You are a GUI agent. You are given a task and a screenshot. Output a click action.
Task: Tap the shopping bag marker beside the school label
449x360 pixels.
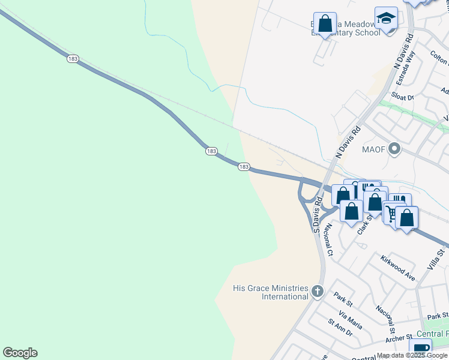tap(325, 25)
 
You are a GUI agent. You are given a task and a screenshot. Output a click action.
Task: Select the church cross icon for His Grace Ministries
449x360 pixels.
tap(318, 292)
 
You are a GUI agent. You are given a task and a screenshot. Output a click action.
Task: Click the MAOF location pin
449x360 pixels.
tap(394, 148)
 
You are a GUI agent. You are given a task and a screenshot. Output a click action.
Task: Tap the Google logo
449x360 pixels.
tap(20, 353)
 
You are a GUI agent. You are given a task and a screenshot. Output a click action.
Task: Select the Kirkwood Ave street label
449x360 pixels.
tap(398, 268)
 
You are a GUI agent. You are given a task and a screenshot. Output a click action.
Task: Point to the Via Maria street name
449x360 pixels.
tap(350, 320)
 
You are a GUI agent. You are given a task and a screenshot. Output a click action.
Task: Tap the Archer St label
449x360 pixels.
tap(399, 338)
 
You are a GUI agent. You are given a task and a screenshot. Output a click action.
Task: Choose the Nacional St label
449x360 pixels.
tap(385, 319)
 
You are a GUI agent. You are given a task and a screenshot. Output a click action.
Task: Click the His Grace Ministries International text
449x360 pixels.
tap(270, 293)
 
